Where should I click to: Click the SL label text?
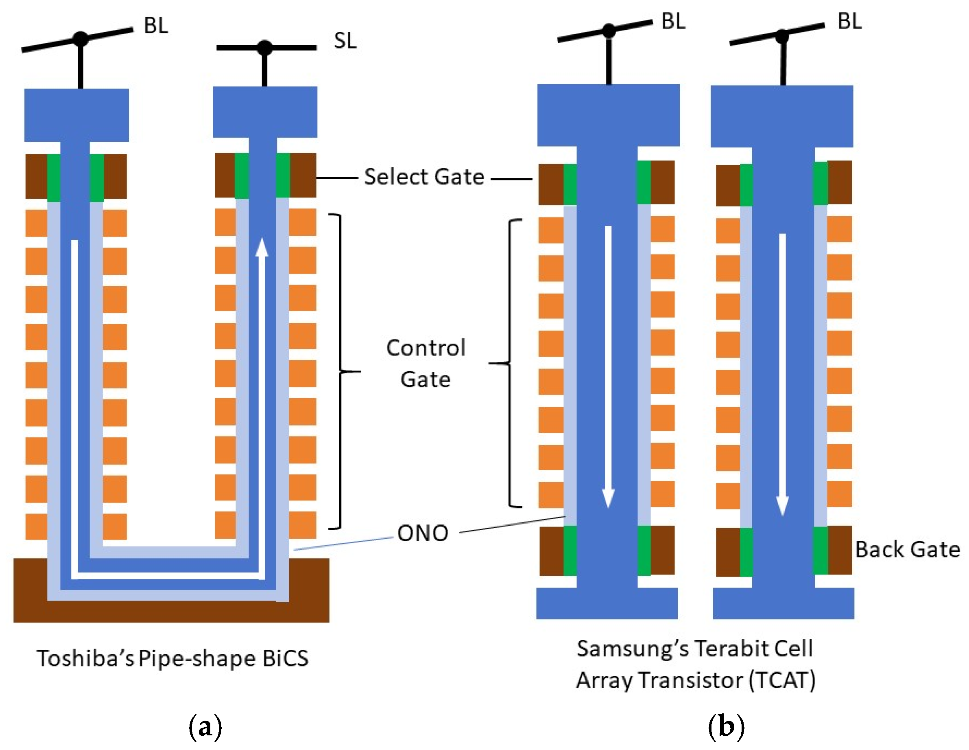tap(345, 41)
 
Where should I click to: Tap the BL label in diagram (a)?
tap(156, 25)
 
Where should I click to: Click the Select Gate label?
tap(424, 177)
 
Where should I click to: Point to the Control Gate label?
tap(426, 363)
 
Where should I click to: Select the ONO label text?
tap(422, 533)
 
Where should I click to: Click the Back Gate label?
tap(907, 549)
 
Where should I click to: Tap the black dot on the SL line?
tap(265, 48)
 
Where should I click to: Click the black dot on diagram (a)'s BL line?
tap(80, 39)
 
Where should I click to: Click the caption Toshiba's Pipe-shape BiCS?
tap(172, 658)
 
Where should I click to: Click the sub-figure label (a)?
tap(205, 727)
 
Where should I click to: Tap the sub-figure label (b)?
tap(726, 727)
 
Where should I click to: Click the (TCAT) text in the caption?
tap(782, 680)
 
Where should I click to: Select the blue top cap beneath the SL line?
tap(265, 112)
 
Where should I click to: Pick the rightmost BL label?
tap(849, 21)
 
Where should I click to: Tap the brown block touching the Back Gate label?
tap(840, 550)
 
